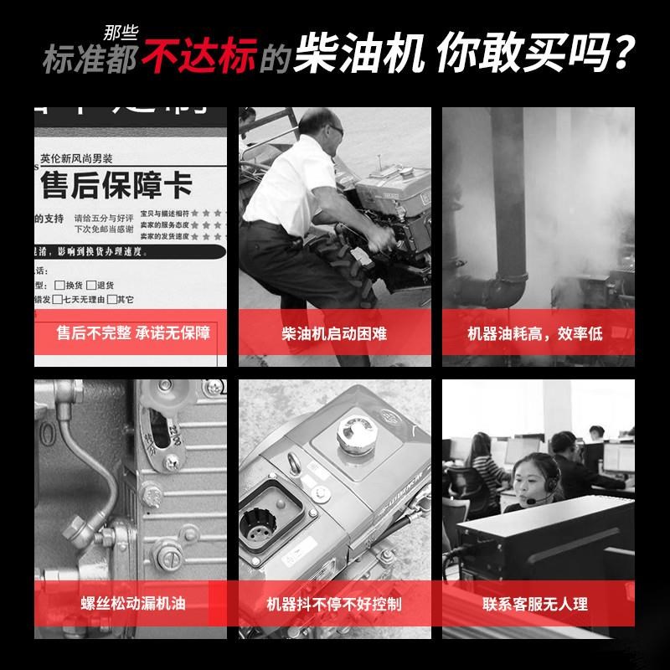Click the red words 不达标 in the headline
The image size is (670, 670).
pos(198,56)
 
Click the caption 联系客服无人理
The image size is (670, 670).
pos(535,604)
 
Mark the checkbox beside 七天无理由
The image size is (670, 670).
pos(59,299)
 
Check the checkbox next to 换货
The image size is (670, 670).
pos(59,285)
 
